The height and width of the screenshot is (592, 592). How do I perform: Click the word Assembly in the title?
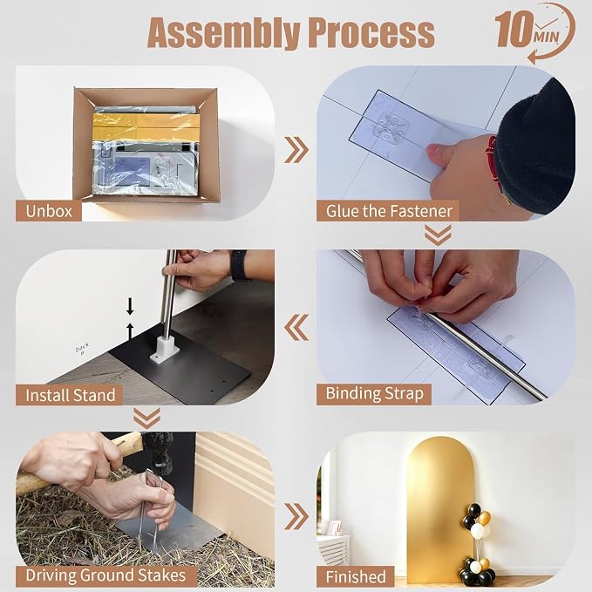coord(223,33)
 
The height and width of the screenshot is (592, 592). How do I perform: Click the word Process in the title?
coord(371,32)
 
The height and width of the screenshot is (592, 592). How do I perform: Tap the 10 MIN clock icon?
coord(535,31)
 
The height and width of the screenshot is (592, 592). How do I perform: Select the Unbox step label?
coord(48,211)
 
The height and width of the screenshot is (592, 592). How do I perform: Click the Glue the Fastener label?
coord(388,211)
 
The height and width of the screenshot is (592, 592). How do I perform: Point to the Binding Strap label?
coord(374,394)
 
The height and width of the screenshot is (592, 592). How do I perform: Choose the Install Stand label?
coord(70,395)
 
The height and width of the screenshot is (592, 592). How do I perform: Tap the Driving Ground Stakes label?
coord(106,575)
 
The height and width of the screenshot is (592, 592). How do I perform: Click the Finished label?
coord(355,576)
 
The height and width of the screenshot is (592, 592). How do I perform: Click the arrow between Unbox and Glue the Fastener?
coord(296,150)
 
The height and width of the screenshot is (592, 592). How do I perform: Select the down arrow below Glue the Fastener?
coord(438,235)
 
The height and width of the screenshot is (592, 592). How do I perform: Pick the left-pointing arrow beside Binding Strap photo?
coord(296,327)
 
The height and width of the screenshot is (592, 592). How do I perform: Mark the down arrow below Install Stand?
coord(146,418)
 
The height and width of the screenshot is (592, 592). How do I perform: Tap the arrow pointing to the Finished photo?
coord(296,516)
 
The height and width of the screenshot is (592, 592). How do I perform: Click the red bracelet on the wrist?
coord(492,159)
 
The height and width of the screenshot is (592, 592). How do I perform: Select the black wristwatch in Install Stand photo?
coord(239,265)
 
